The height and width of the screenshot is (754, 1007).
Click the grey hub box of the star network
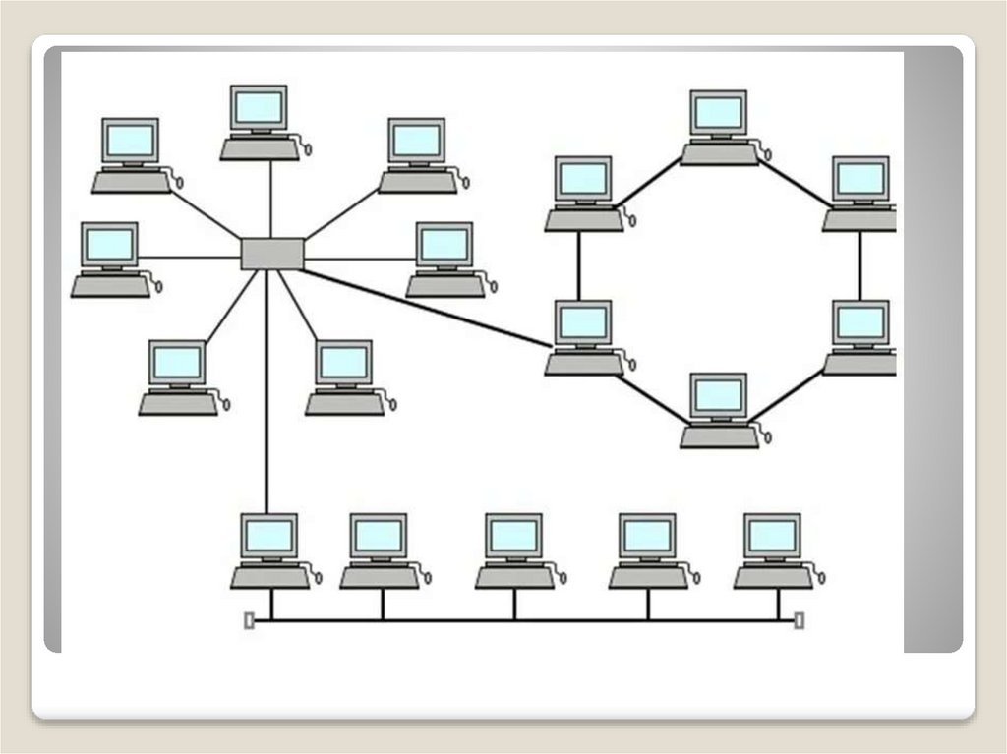click(x=272, y=254)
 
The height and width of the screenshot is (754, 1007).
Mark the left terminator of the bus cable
click(x=249, y=620)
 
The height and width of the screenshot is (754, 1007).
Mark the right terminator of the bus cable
click(x=799, y=620)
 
